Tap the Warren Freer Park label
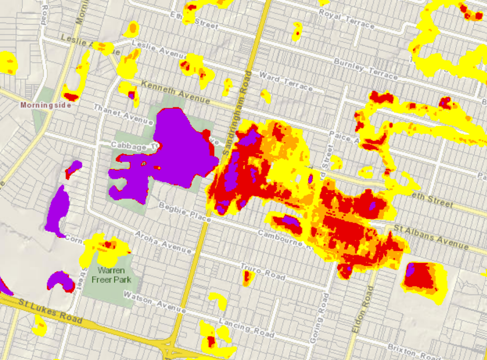click(111, 275)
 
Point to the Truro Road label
click(263, 271)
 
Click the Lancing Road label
click(246, 327)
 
